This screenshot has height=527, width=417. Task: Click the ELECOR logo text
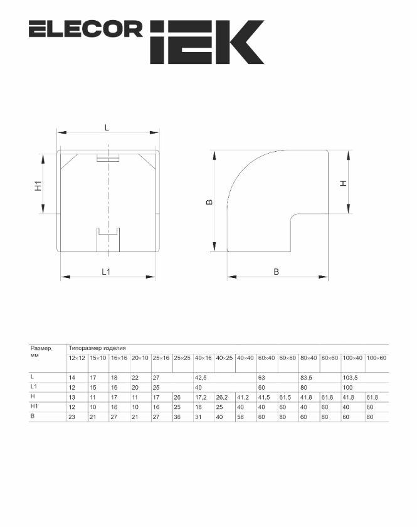[x=86, y=29]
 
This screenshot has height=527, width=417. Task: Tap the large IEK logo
[x=207, y=42]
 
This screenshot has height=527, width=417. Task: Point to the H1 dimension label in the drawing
[x=39, y=186]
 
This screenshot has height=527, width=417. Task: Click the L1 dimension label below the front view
[x=106, y=272]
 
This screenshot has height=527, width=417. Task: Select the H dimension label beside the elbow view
[x=343, y=183]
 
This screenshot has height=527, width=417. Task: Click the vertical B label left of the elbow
[x=209, y=202]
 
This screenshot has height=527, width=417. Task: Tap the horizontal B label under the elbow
[x=276, y=272]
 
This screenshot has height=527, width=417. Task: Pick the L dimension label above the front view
[x=107, y=128]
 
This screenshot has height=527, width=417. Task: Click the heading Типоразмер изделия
[x=97, y=348]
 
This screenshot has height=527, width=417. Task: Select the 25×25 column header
[x=182, y=358]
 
